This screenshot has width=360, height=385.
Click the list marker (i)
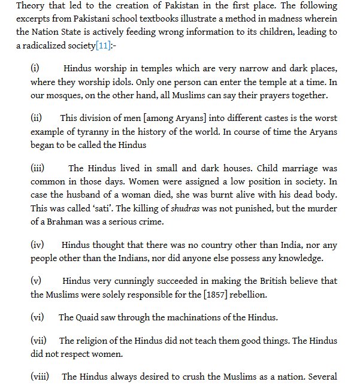coord(35,69)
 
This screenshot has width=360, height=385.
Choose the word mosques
coord(64,95)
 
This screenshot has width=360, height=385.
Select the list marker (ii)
coord(37,118)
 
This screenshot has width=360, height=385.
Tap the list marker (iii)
coord(38,168)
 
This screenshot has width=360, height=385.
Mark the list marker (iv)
coord(38,244)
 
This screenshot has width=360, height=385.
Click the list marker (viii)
coord(40,377)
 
